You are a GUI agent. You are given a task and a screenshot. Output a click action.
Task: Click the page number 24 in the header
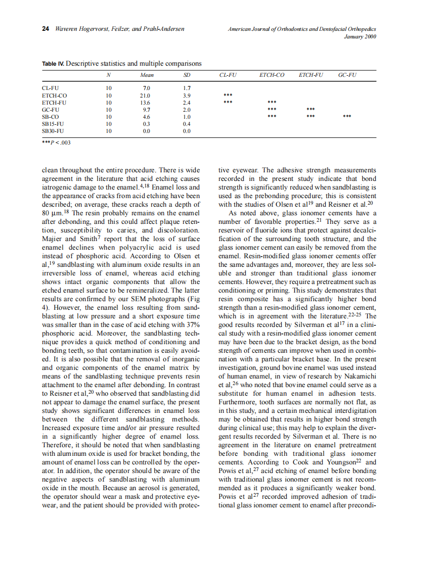point(45,29)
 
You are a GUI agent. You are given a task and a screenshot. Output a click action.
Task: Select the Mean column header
point(147,75)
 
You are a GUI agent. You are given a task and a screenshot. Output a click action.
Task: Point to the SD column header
point(186,75)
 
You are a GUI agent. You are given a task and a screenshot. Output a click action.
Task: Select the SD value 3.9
point(186,95)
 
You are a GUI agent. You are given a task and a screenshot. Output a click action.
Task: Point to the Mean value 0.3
point(147,123)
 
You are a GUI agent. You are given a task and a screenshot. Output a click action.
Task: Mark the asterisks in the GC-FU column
point(347,116)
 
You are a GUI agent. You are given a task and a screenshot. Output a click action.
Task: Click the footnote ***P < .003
point(56,143)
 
